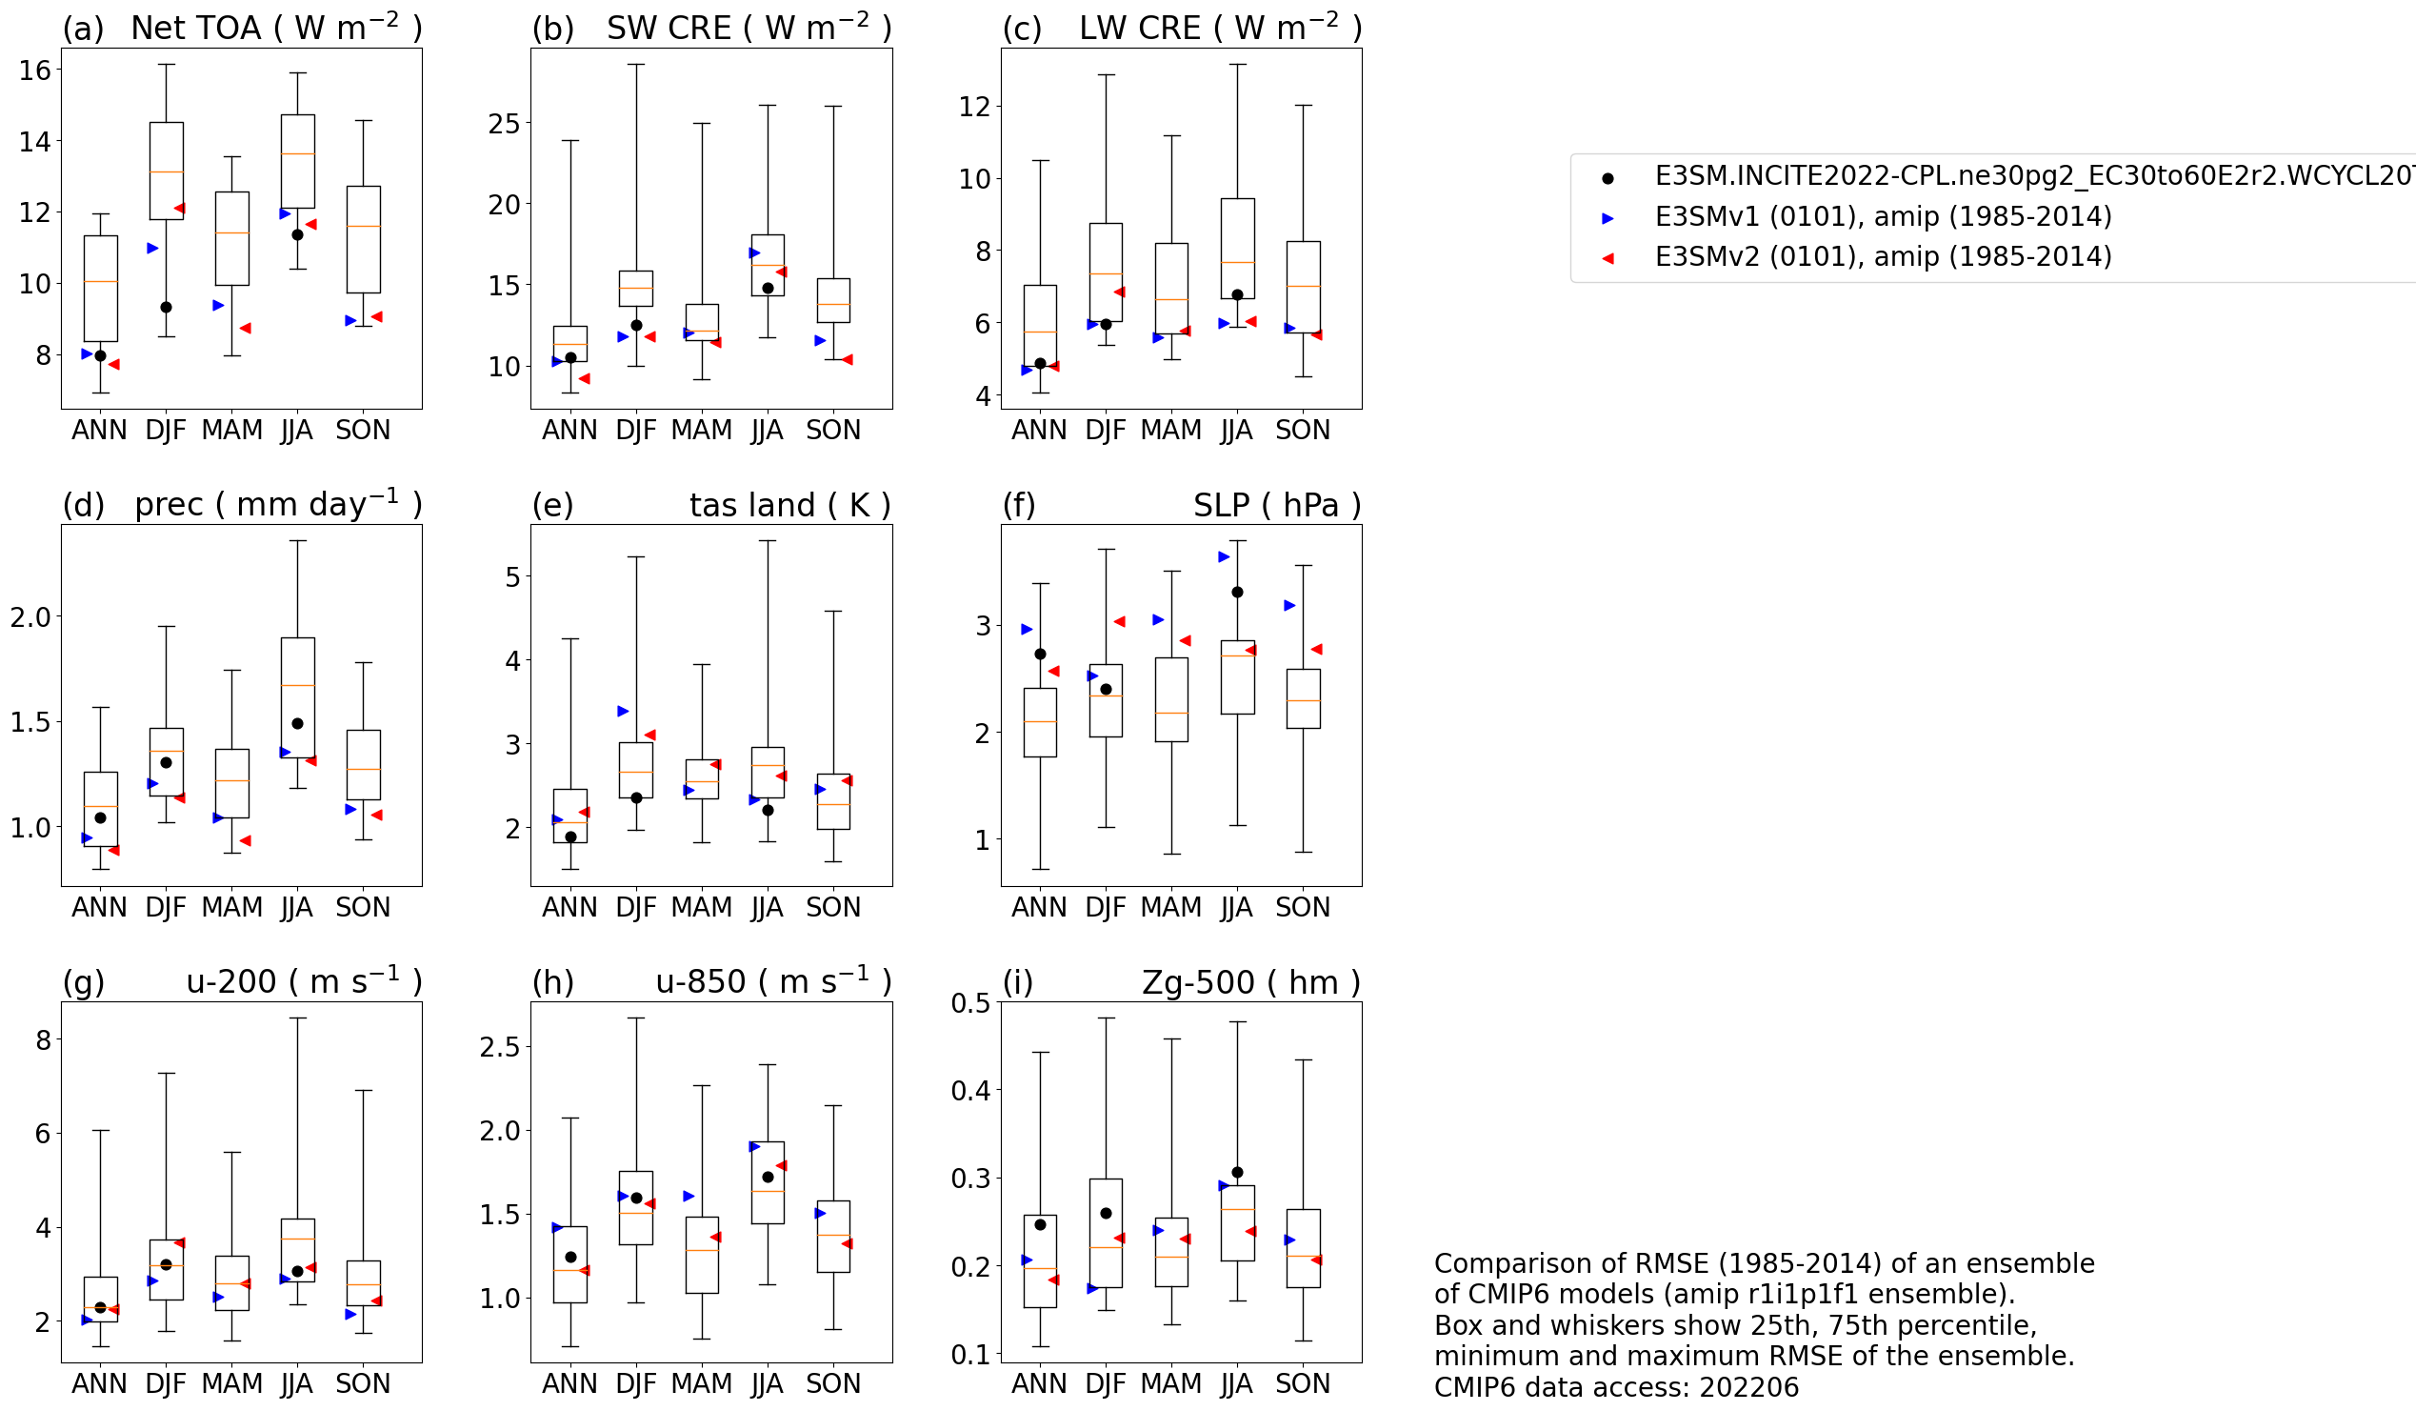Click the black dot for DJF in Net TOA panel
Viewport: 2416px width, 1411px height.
(x=166, y=307)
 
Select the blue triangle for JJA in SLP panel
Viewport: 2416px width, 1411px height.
(x=1224, y=556)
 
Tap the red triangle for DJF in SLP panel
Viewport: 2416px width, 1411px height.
(x=1119, y=621)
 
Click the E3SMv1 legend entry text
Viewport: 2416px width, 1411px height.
(x=1883, y=217)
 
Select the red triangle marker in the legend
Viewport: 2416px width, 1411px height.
(x=1607, y=258)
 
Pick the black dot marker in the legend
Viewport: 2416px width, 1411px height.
(x=1607, y=177)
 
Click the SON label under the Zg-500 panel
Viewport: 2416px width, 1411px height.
(x=1302, y=1383)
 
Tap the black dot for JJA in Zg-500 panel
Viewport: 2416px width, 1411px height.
(x=1237, y=1172)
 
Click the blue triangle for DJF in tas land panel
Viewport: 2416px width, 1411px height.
(x=623, y=711)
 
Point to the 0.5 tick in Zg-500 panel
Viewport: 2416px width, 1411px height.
(x=970, y=1003)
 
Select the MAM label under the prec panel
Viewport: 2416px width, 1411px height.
(x=231, y=906)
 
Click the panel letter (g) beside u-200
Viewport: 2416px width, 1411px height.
(x=84, y=982)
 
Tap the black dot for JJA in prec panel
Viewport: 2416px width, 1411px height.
(x=297, y=723)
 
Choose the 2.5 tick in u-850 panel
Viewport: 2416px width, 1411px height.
(x=500, y=1046)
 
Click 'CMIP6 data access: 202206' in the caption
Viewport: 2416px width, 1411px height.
(x=1616, y=1387)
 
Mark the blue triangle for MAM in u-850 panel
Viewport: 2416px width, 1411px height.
(x=689, y=1196)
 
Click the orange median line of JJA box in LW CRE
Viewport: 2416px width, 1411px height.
(x=1237, y=262)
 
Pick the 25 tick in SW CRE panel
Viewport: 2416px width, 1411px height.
(x=505, y=124)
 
